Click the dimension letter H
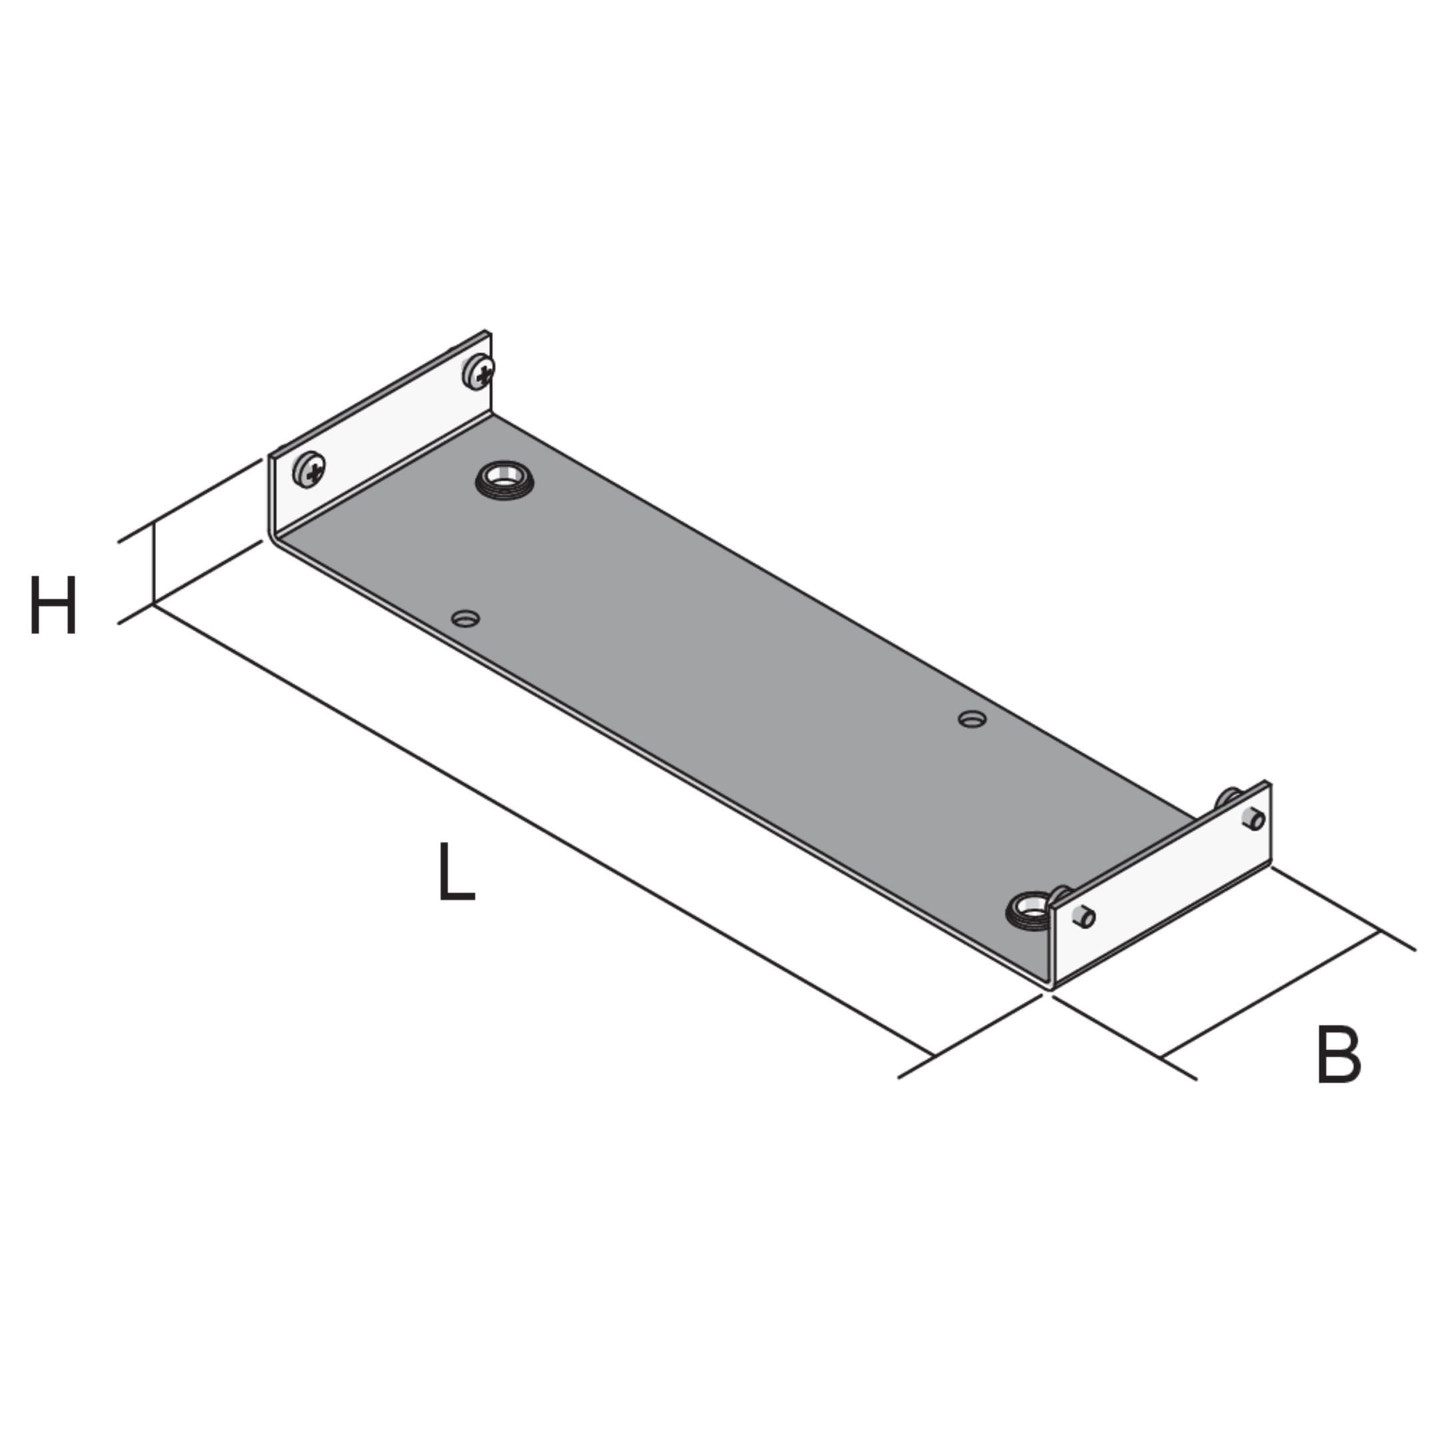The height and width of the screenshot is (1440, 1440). pyautogui.click(x=53, y=605)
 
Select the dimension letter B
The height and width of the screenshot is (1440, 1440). pyautogui.click(x=1339, y=1055)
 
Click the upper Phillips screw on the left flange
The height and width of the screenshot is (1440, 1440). pyautogui.click(x=479, y=371)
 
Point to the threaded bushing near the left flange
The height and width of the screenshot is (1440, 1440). pyautogui.click(x=505, y=480)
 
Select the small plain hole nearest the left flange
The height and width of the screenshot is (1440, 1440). pyautogui.click(x=466, y=618)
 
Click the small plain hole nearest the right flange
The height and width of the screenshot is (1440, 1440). pyautogui.click(x=972, y=719)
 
